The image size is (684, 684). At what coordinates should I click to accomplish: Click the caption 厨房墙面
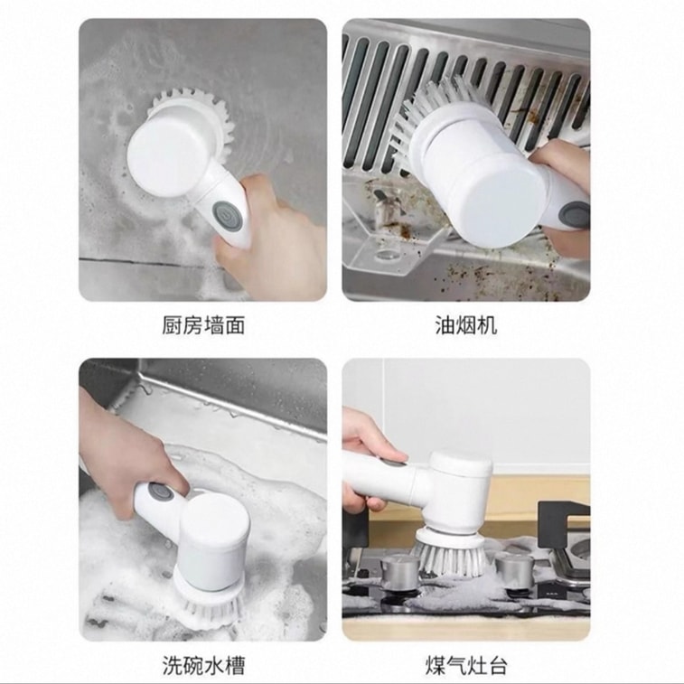203,325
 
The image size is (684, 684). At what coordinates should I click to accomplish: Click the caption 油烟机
466,325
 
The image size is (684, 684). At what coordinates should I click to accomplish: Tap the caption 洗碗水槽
203,665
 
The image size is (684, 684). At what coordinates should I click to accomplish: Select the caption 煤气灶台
466,665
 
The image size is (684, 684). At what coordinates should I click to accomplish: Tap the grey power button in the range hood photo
575,215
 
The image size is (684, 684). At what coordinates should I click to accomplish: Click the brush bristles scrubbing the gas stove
449,554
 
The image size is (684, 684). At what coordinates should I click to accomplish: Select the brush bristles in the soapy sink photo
210,604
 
